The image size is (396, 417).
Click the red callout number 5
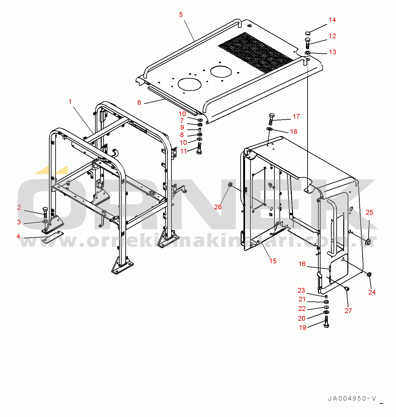(x=181, y=15)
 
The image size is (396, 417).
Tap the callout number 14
(x=332, y=20)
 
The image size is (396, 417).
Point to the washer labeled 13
(x=307, y=53)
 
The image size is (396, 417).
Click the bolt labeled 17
(x=272, y=119)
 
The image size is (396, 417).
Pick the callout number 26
(x=218, y=207)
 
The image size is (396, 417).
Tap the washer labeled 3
(x=45, y=222)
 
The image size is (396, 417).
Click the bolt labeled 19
(x=327, y=322)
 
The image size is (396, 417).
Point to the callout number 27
(x=348, y=311)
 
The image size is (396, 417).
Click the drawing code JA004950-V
(x=352, y=399)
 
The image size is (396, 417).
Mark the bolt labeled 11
(x=199, y=148)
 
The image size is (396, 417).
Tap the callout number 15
(x=273, y=261)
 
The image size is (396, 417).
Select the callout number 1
(x=70, y=102)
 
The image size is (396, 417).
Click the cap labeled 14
(x=308, y=33)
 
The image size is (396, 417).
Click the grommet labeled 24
(x=369, y=274)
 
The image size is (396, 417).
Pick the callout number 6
(x=139, y=103)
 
